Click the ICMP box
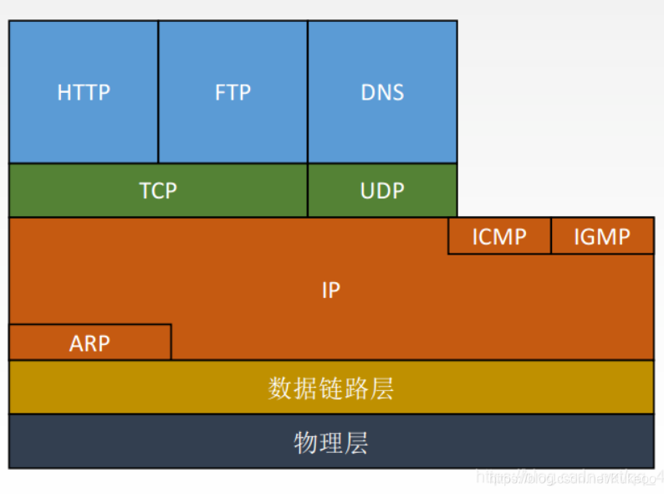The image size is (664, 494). tap(499, 236)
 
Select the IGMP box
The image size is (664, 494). tap(602, 236)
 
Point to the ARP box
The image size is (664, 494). tap(89, 342)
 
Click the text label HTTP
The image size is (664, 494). tap(84, 92)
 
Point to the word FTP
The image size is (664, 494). tap(232, 92)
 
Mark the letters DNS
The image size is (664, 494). tap(382, 92)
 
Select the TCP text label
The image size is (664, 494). tap(158, 191)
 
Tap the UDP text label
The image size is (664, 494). tap(382, 191)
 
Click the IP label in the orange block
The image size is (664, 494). tap(331, 291)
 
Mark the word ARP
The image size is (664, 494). tap(89, 343)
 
